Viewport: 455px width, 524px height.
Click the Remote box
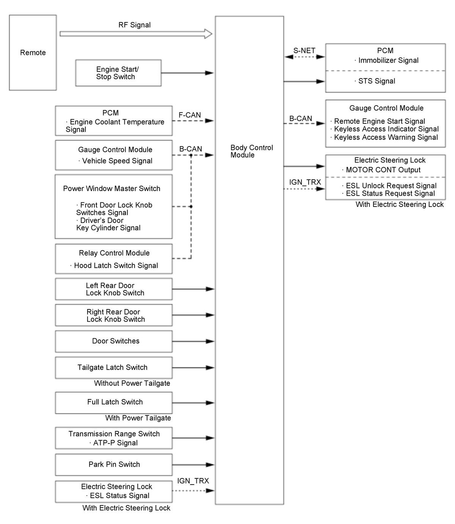[33, 53]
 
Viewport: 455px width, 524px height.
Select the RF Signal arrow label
[134, 25]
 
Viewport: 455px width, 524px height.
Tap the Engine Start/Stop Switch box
[118, 73]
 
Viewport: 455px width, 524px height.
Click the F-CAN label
[190, 115]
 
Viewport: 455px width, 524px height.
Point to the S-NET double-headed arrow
[304, 57]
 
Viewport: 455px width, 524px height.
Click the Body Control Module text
[251, 151]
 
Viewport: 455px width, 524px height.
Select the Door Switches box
[113, 341]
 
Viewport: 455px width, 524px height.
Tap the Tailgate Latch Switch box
[113, 367]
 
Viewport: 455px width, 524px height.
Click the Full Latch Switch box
[113, 402]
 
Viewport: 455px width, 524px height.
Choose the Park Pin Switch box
[113, 464]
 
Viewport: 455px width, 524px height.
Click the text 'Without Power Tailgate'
[132, 383]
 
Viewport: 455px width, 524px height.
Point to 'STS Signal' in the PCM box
[377, 81]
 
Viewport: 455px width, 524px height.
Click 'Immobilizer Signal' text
[388, 60]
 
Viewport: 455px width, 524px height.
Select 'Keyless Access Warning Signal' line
[386, 137]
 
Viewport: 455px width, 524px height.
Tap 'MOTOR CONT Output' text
[383, 170]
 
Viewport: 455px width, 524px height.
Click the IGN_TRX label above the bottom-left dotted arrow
[193, 481]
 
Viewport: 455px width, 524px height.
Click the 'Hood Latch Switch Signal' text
[116, 265]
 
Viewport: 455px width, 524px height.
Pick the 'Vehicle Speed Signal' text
[117, 161]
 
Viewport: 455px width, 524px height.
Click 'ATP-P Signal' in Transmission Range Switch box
[115, 443]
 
